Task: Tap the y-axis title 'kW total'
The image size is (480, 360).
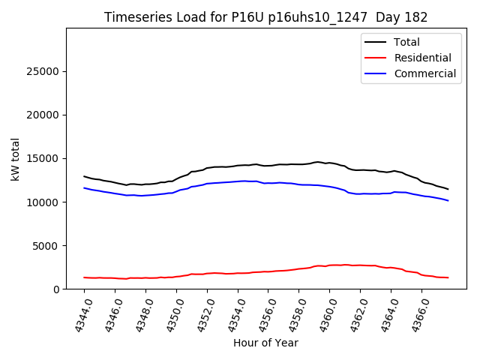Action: [x=16, y=158]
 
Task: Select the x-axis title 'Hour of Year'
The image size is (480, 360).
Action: [x=265, y=343]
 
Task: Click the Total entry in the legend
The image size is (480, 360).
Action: [x=406, y=42]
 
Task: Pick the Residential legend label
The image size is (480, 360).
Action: [x=422, y=58]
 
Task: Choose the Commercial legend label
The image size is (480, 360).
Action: [x=424, y=73]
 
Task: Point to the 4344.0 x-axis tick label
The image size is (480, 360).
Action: [x=77, y=313]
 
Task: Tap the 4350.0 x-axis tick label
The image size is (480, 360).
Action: [x=169, y=313]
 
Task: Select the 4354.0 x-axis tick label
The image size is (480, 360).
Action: [x=231, y=313]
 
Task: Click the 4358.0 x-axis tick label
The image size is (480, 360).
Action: [x=292, y=313]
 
